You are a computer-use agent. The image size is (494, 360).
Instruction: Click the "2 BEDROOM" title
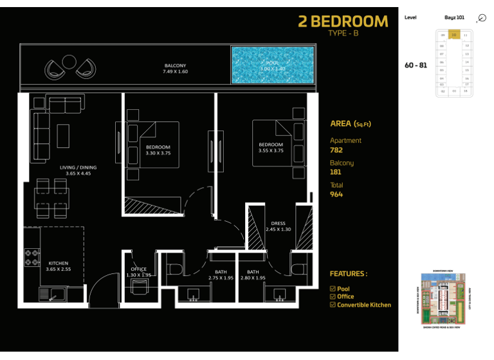(343, 22)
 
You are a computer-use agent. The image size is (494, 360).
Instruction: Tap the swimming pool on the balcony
(273, 65)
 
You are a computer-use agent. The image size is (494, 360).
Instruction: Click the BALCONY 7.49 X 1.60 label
(174, 69)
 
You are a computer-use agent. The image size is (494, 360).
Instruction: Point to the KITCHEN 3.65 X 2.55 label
(59, 266)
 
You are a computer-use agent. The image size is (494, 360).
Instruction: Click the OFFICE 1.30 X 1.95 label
(139, 272)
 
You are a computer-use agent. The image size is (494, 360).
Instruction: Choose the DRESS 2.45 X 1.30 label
(279, 226)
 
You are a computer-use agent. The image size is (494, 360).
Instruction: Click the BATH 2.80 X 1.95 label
(253, 274)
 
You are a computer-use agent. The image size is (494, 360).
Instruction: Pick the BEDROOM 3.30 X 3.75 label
(158, 150)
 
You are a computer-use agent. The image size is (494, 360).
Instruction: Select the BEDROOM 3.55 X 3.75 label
(271, 147)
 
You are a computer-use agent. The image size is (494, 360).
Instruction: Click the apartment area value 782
(336, 150)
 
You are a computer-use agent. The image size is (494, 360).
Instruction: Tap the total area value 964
(336, 194)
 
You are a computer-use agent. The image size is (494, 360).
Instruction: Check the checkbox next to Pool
(333, 289)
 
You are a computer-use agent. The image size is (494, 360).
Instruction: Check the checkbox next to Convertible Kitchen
(333, 305)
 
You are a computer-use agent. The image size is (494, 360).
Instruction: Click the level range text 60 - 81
(416, 65)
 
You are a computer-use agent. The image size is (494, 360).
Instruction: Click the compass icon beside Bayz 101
(482, 19)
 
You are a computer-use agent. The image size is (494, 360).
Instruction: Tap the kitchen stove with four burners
(32, 257)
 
